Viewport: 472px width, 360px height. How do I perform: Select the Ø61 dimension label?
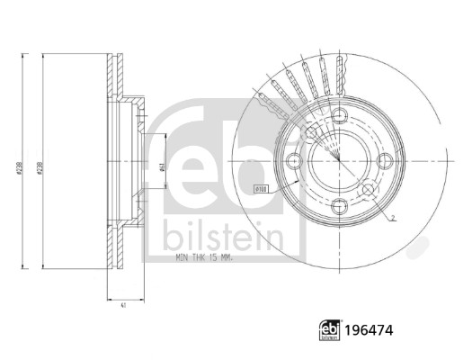[161, 166]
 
